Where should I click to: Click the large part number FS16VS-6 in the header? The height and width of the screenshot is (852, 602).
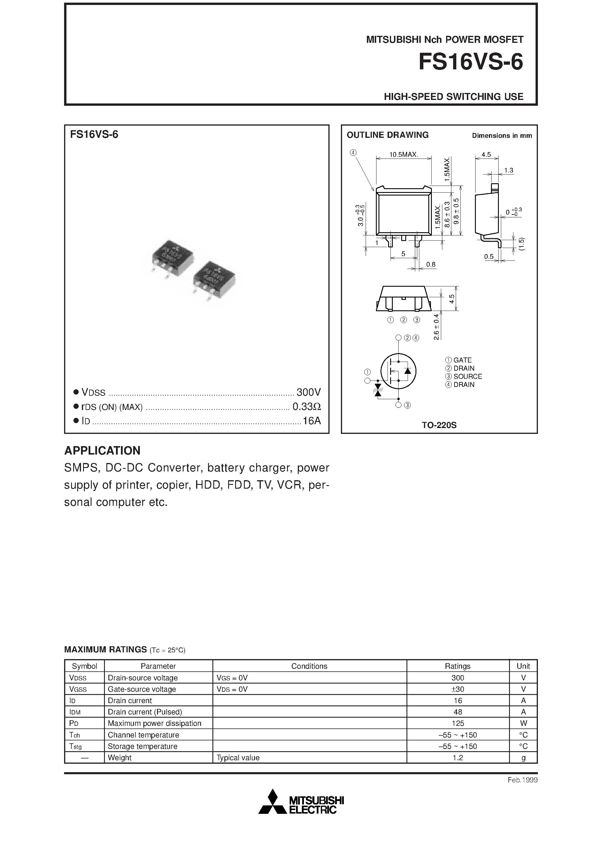tap(470, 62)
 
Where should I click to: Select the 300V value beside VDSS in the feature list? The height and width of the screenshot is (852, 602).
tap(308, 392)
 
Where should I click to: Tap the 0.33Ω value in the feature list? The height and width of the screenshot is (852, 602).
tap(307, 407)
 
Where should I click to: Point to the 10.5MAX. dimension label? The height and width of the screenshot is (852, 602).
tap(404, 154)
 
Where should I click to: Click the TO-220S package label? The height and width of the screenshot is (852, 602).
tap(439, 425)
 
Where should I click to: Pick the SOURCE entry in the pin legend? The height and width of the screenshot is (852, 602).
tap(467, 376)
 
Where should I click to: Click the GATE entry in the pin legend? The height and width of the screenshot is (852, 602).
tap(462, 360)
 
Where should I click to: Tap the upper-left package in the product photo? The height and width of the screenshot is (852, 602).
tap(172, 258)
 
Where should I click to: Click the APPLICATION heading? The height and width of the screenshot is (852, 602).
tap(103, 450)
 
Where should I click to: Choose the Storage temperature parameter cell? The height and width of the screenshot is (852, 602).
tap(142, 746)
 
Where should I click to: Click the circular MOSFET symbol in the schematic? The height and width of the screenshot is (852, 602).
tap(398, 371)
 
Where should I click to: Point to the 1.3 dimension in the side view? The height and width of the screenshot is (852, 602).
tap(508, 170)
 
